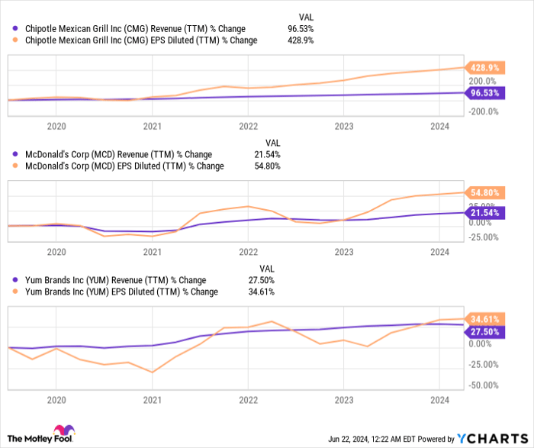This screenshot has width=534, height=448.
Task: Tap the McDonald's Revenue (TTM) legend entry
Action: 114,154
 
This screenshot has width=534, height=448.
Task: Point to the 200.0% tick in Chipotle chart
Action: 482,81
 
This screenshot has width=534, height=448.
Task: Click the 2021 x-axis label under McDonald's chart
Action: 153,251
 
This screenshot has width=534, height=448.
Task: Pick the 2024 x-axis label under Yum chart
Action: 439,399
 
